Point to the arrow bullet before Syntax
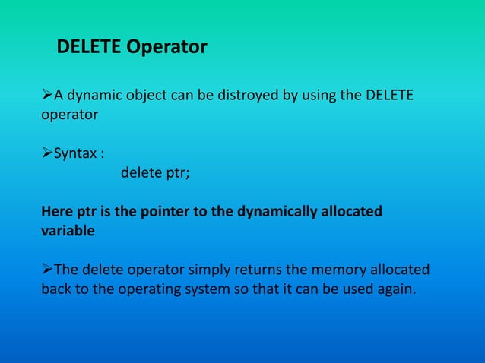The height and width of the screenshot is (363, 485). tap(46, 153)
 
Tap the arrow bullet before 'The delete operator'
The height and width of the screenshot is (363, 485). tap(46, 269)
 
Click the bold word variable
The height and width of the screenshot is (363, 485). tap(68, 232)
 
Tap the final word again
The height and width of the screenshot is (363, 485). tap(397, 289)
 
